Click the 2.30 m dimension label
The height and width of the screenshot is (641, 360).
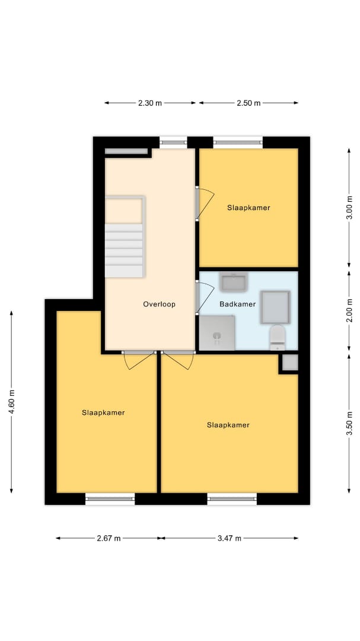150,103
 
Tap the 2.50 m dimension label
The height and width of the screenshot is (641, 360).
249,103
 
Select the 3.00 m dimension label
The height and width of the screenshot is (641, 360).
349,208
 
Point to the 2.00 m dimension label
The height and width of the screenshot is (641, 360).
349,310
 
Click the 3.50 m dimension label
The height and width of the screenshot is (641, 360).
349,425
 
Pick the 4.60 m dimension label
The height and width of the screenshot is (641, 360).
11,402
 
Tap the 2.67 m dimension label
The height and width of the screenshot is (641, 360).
109,538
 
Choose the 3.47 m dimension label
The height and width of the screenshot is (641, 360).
230,538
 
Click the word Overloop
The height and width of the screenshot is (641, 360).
159,304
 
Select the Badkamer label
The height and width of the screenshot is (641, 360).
237,304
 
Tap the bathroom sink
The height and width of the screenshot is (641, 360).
233,282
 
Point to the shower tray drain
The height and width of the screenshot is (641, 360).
217,337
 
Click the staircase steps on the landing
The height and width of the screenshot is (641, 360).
124,250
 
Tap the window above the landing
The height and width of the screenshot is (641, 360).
173,142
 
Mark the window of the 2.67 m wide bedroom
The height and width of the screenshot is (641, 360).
110,499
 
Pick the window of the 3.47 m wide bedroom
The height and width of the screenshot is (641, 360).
232,499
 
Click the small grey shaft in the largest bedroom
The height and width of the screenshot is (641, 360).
290,363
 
